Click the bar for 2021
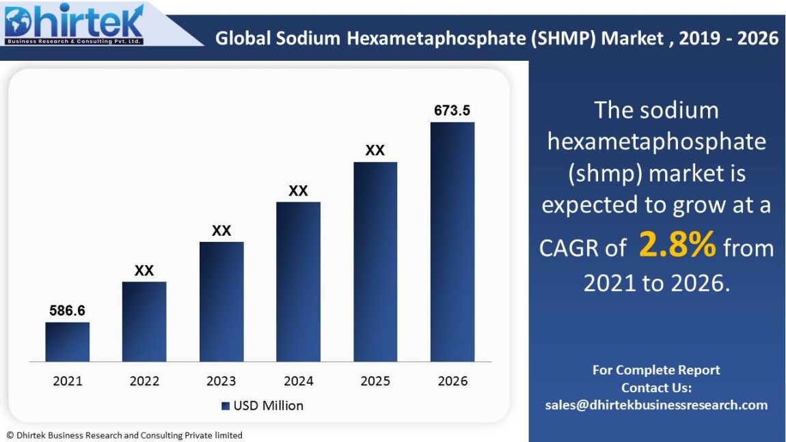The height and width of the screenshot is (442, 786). pyautogui.click(x=68, y=342)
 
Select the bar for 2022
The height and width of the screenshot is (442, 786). pyautogui.click(x=144, y=321)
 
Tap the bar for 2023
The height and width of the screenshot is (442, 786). pyautogui.click(x=221, y=301)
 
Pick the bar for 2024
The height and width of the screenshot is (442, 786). pyautogui.click(x=298, y=281)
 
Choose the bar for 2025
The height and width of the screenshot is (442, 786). pyautogui.click(x=375, y=262)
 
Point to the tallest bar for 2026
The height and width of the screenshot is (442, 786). pyautogui.click(x=452, y=242)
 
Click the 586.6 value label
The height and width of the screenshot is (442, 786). pyautogui.click(x=68, y=311)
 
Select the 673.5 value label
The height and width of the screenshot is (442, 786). pyautogui.click(x=452, y=111)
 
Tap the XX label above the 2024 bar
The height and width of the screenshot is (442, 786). pyautogui.click(x=298, y=191)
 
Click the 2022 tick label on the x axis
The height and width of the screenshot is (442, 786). pyautogui.click(x=144, y=381)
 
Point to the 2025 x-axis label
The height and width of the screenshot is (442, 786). pyautogui.click(x=375, y=381)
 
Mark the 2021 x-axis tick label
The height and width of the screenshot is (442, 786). pyautogui.click(x=68, y=381)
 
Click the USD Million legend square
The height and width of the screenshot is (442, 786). pyautogui.click(x=226, y=406)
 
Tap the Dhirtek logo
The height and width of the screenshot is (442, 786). pyautogui.click(x=74, y=24)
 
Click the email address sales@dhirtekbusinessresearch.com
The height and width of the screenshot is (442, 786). pyautogui.click(x=656, y=405)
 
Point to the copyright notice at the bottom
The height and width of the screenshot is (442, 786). pyautogui.click(x=124, y=435)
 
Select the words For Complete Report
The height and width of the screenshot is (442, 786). pyautogui.click(x=656, y=370)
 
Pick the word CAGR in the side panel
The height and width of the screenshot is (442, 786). pyautogui.click(x=569, y=249)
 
